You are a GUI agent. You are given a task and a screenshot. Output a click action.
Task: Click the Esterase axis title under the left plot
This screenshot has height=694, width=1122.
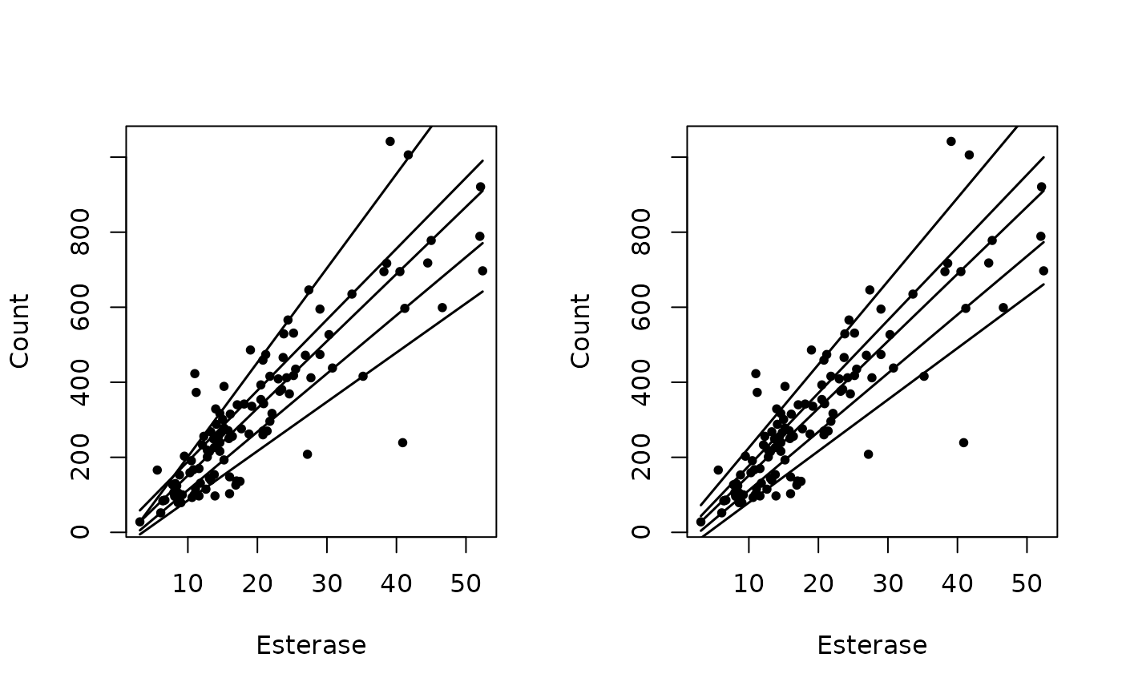click(x=311, y=645)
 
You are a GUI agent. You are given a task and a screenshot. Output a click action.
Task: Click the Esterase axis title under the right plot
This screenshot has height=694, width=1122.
click(x=872, y=645)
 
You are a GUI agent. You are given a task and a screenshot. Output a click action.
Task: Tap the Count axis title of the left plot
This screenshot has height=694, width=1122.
click(x=20, y=330)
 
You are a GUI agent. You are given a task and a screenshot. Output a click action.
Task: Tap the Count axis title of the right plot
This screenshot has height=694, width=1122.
click(x=581, y=330)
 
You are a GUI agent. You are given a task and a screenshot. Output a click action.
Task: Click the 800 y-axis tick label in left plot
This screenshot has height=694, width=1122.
click(x=80, y=232)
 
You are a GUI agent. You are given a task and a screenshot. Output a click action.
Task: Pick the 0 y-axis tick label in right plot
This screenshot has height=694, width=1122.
click(x=641, y=532)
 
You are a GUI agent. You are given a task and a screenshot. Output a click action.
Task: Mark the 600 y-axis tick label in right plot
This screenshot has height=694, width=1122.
click(x=641, y=307)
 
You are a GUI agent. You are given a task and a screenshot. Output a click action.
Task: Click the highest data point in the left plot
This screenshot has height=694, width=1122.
click(x=390, y=141)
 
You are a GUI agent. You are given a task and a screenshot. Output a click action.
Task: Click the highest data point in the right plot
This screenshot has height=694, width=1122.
click(x=951, y=141)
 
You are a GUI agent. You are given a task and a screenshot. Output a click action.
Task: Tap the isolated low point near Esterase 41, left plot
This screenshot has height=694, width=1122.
click(x=402, y=442)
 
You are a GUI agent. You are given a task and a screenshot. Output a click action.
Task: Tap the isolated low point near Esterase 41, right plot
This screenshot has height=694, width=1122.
click(x=963, y=442)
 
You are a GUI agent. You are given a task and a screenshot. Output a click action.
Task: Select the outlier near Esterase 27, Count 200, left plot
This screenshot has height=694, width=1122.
click(x=307, y=454)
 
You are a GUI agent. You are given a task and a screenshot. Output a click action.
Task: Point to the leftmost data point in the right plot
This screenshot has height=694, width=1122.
click(x=700, y=522)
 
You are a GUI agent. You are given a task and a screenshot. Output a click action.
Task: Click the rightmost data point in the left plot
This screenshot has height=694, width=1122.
click(x=482, y=271)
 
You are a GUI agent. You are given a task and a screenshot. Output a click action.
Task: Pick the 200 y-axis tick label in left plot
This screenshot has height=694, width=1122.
click(x=80, y=457)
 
